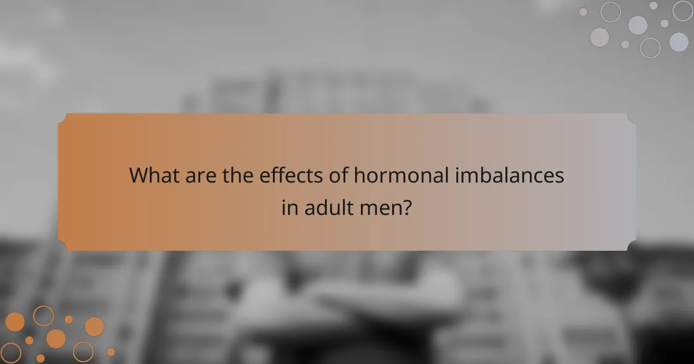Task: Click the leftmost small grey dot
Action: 583,12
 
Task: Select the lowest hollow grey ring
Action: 650,47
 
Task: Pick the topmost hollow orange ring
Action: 43,316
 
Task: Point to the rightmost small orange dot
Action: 110,351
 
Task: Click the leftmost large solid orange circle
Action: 15,322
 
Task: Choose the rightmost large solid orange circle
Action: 94,326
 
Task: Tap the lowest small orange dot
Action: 40,358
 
